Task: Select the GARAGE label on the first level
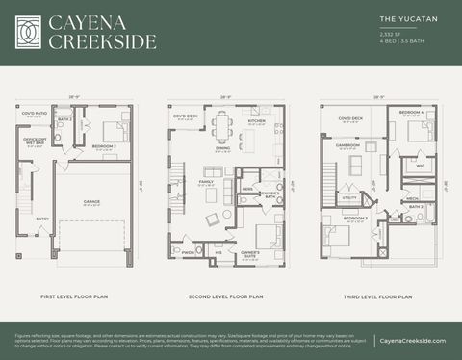(x=91, y=202)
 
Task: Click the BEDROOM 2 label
(x=104, y=145)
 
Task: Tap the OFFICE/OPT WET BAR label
(x=35, y=141)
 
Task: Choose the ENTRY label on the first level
(x=42, y=219)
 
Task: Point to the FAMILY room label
(x=206, y=181)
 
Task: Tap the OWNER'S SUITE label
(x=250, y=253)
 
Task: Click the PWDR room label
(x=188, y=251)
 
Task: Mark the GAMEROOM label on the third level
(x=347, y=145)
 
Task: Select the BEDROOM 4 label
(x=412, y=113)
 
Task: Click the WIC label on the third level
(x=420, y=166)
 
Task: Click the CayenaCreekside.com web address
(x=412, y=341)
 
